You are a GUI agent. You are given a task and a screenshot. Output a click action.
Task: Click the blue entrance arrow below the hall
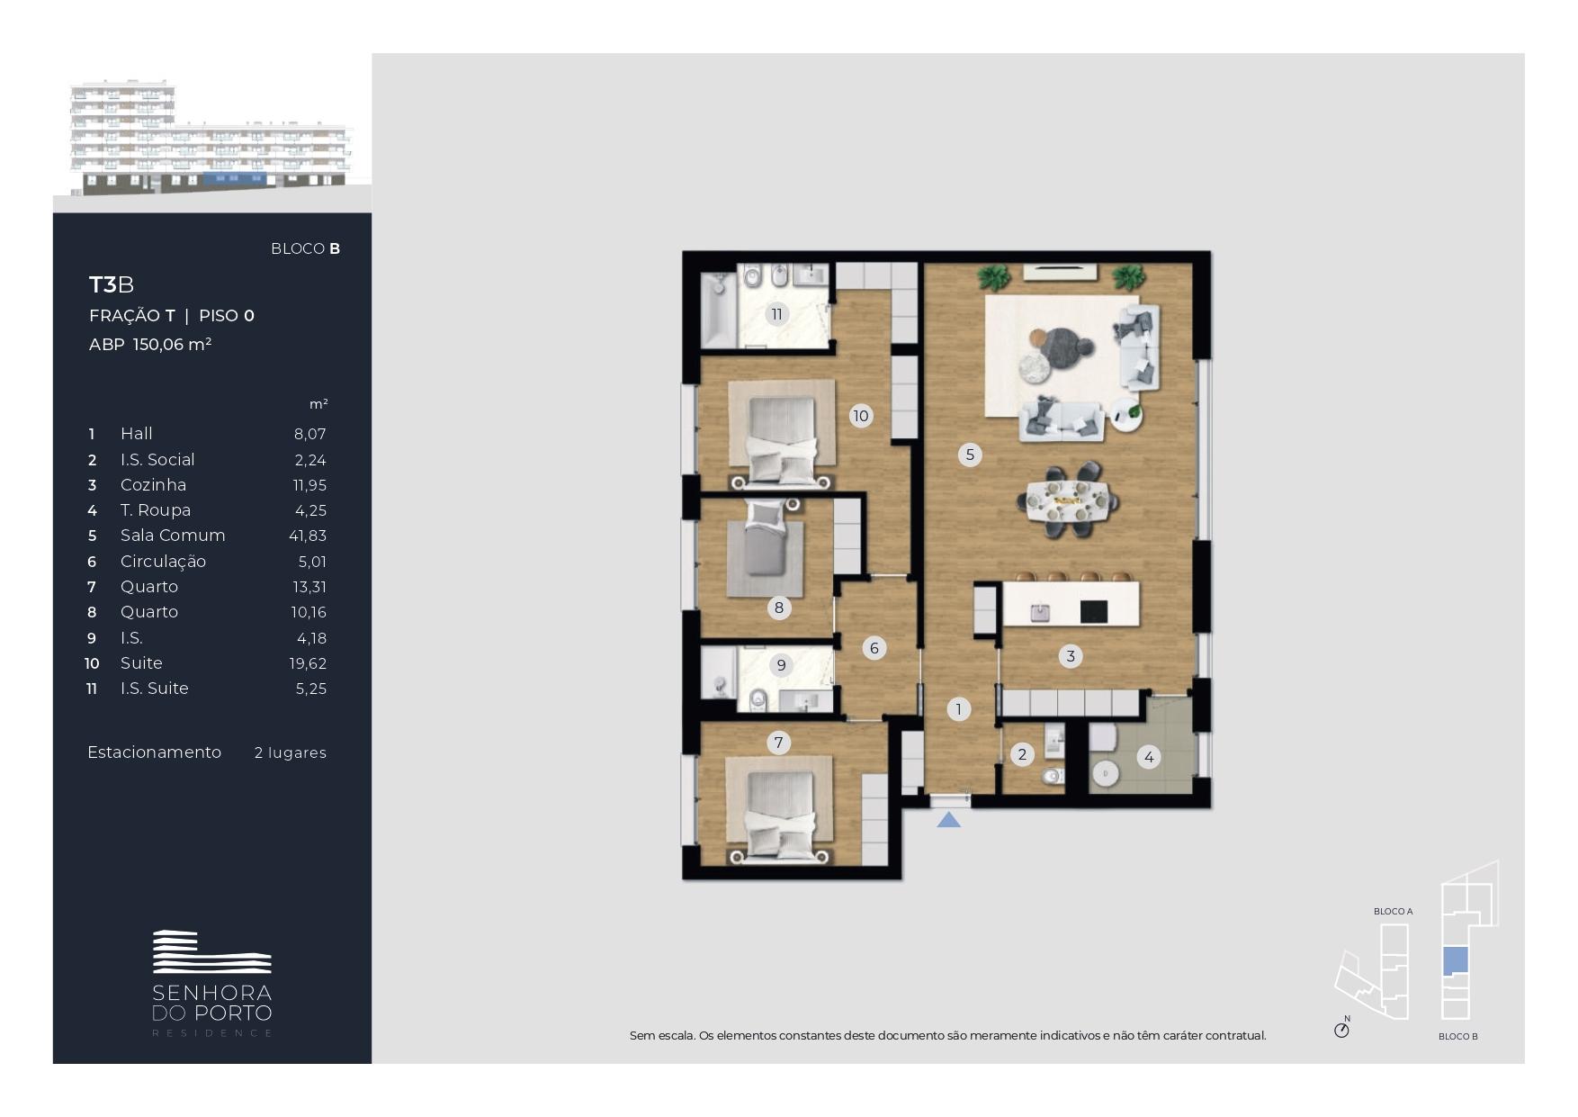click(948, 820)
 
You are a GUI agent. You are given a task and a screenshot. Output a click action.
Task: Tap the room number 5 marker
click(970, 455)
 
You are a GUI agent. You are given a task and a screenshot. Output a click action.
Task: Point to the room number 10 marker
click(861, 416)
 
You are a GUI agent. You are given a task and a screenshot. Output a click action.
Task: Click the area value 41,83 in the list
click(308, 536)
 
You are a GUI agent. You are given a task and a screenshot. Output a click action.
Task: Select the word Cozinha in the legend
click(154, 485)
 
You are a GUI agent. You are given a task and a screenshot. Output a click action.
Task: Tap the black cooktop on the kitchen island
click(1093, 612)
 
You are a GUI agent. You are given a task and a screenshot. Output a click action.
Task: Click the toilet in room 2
click(1051, 776)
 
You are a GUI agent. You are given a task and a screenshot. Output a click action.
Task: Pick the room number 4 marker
click(1149, 757)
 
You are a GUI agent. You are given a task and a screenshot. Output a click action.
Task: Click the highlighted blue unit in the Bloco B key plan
click(1455, 961)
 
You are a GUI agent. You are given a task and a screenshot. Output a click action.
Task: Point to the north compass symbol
click(1341, 1029)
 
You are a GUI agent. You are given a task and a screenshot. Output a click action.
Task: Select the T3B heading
click(112, 285)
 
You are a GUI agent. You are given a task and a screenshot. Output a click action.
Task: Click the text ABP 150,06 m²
click(150, 345)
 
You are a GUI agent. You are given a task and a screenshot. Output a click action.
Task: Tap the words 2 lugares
click(291, 752)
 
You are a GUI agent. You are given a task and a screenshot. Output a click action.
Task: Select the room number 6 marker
click(874, 648)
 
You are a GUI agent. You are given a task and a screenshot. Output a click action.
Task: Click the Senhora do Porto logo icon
click(212, 952)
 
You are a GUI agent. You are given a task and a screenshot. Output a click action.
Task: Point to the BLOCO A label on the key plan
click(1393, 912)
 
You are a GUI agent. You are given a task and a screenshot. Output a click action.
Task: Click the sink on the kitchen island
click(1040, 612)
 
